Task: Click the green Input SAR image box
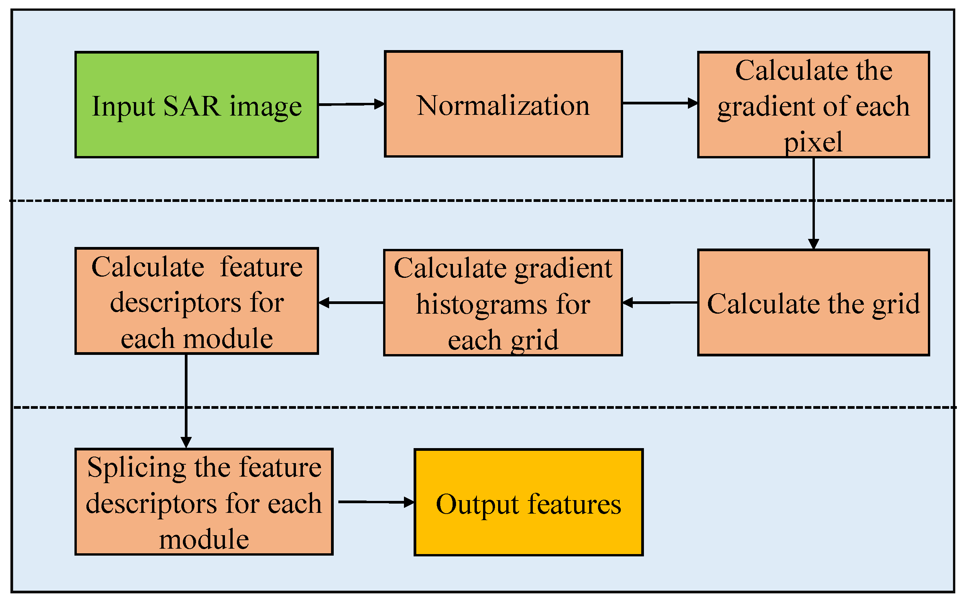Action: click(x=196, y=136)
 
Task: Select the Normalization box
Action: click(x=503, y=132)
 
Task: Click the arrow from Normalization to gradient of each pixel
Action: click(x=659, y=103)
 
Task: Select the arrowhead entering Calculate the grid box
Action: click(x=813, y=244)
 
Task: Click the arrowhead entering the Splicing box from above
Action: click(x=186, y=442)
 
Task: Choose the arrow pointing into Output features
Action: click(x=375, y=502)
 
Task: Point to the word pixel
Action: click(x=813, y=141)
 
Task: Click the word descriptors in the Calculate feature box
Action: click(x=175, y=303)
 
